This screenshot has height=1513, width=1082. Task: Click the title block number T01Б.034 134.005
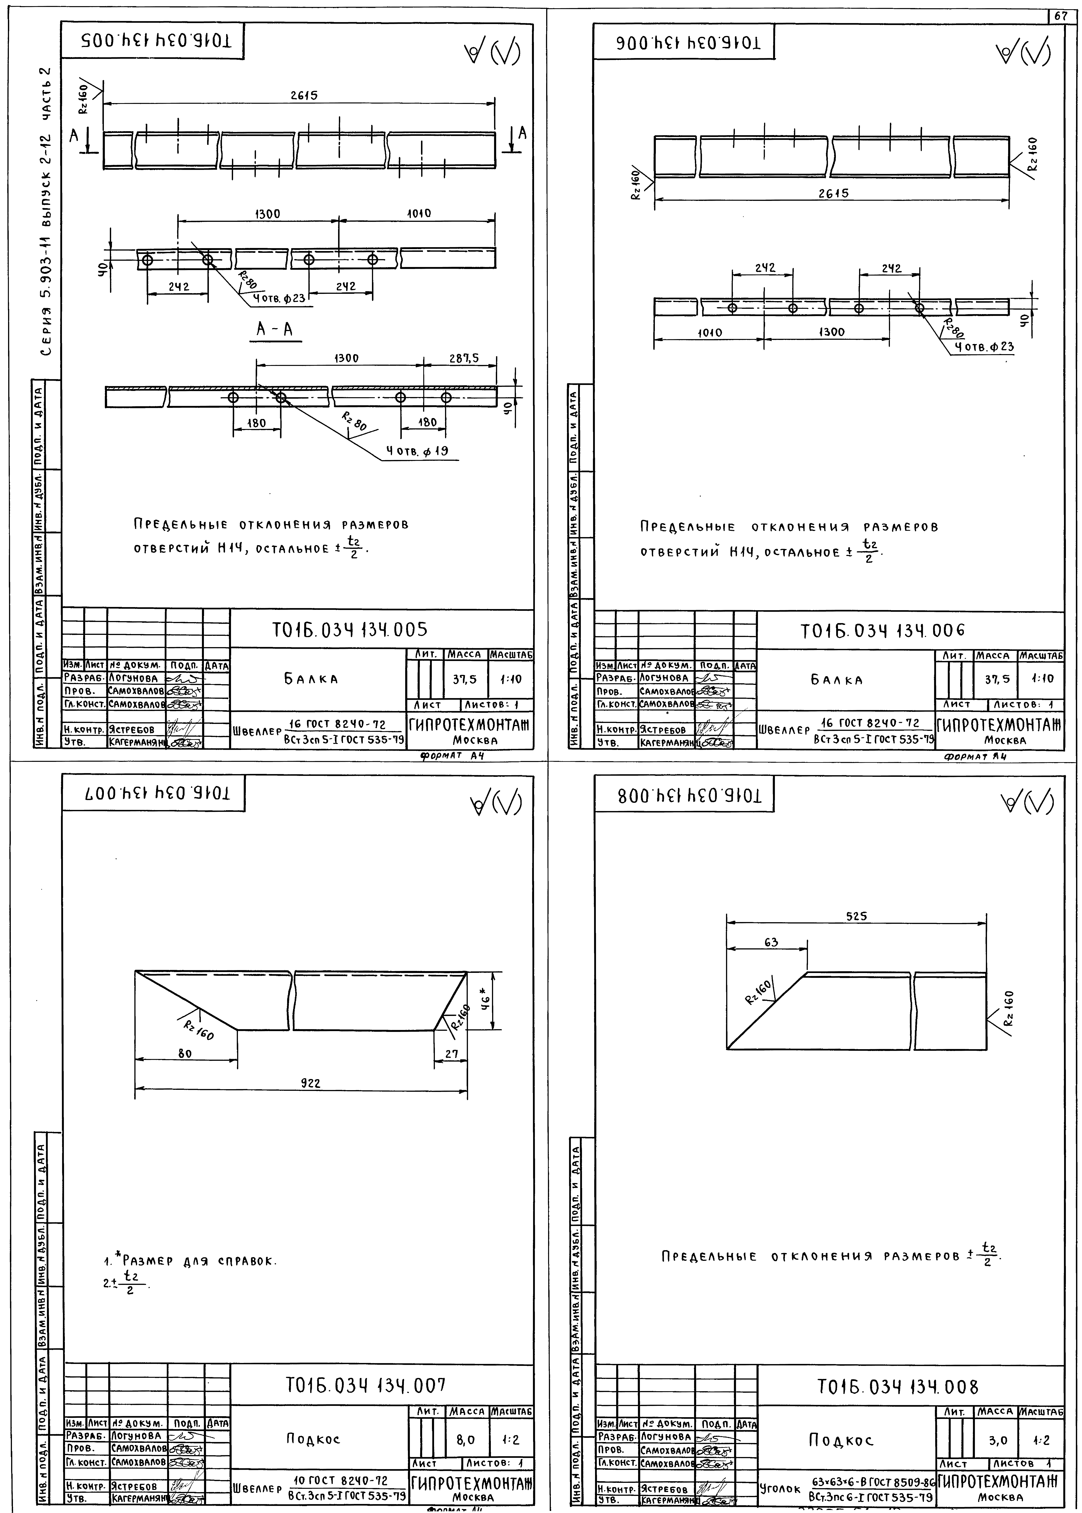350,630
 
